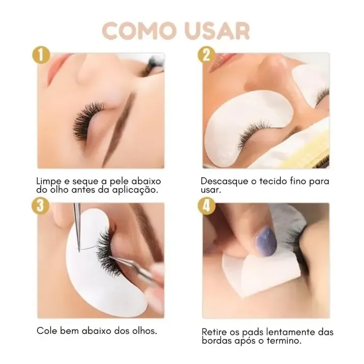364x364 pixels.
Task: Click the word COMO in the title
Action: pos(138,31)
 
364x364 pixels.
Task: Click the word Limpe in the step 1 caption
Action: pos(49,182)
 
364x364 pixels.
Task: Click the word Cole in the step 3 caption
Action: pos(46,330)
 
